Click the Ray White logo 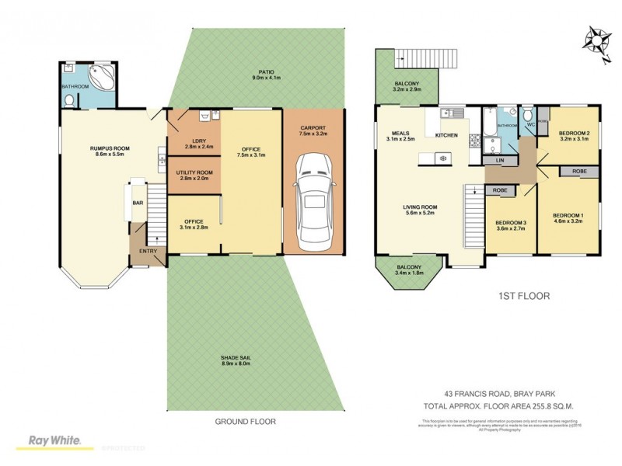54,440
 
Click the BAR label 137,203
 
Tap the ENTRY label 148,251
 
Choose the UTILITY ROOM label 194,172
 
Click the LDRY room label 194,140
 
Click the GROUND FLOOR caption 245,422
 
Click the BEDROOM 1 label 568,214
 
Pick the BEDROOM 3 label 511,224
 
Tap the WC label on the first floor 530,123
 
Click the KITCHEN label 446,136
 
